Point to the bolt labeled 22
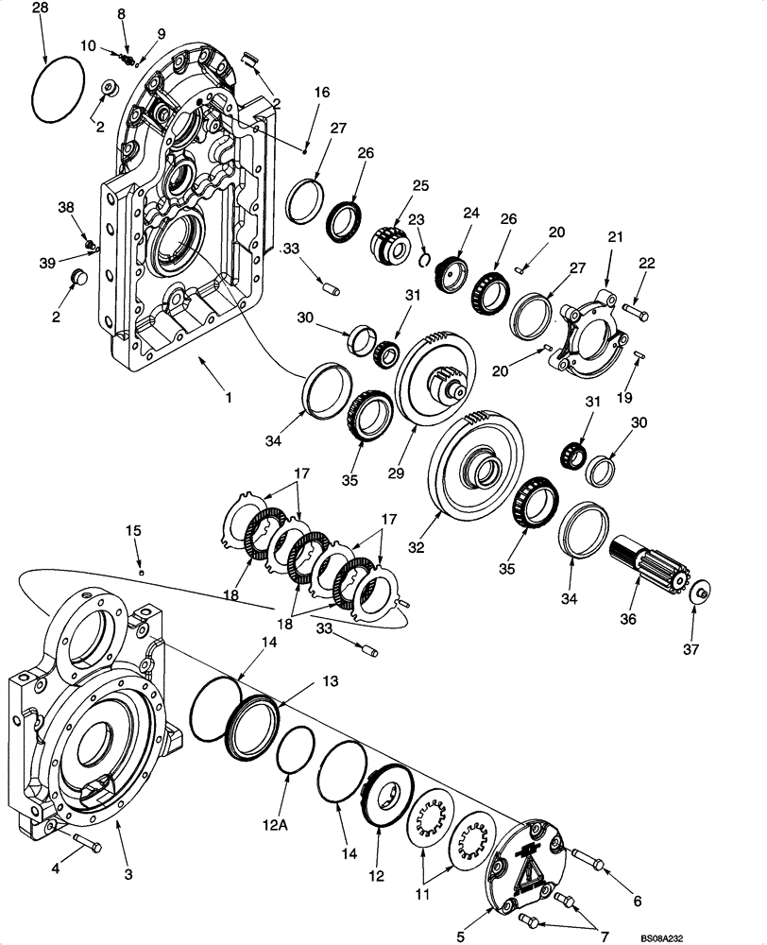click(635, 307)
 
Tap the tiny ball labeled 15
click(141, 571)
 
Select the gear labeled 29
click(434, 377)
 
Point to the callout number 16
click(322, 93)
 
